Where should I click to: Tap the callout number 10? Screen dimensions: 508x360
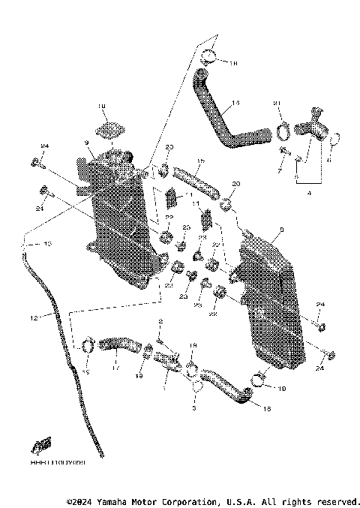pos(102,107)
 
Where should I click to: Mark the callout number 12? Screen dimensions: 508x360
pos(33,318)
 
